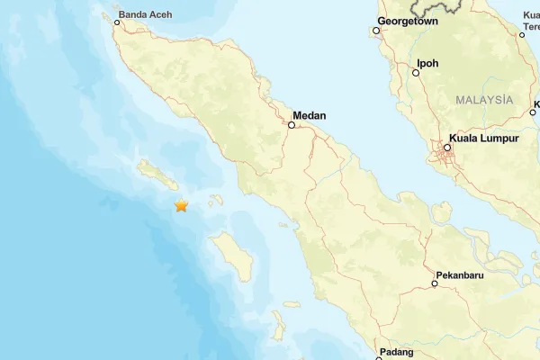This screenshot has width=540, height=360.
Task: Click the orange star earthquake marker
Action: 182,206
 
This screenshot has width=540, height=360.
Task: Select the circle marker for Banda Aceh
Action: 117,22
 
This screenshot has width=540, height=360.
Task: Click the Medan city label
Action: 309,115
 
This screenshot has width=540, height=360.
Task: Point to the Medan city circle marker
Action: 291,125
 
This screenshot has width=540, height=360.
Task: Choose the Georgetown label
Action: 407,20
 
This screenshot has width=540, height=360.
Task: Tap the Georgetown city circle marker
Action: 376,31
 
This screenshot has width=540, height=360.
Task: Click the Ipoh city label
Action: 427,64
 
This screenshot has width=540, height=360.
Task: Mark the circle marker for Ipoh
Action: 416,73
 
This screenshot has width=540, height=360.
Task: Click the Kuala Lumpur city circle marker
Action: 447,148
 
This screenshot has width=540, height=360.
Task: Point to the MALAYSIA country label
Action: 484,99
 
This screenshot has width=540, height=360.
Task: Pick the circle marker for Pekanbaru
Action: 435,283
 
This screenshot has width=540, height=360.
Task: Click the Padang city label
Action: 396,352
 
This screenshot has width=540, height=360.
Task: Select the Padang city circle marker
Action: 379,358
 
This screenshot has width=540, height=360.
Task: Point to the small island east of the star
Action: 216,202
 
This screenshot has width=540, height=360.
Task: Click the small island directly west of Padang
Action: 279,322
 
